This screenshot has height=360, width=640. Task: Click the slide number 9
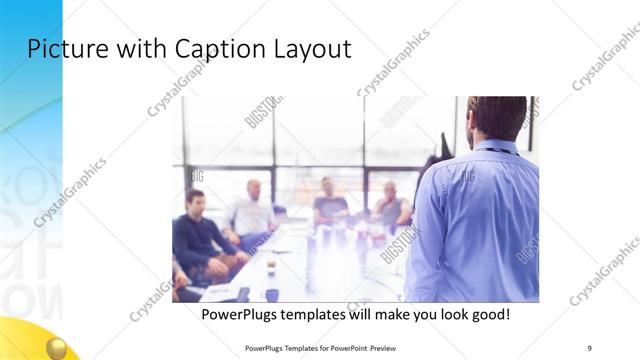point(590,345)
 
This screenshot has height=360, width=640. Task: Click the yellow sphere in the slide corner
point(58,347)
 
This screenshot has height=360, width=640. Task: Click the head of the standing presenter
point(497,117)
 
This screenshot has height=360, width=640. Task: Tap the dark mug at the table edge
point(271,295)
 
